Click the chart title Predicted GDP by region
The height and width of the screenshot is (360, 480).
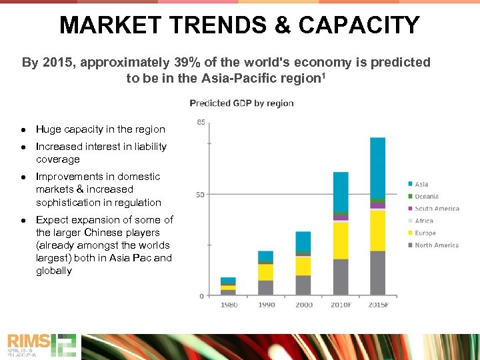[241, 103]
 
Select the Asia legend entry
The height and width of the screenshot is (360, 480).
[421, 184]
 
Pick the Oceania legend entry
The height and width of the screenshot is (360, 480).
[427, 196]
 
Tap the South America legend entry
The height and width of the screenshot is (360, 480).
[437, 209]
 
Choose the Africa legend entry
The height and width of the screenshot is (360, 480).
[423, 221]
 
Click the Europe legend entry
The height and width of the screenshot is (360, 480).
[425, 233]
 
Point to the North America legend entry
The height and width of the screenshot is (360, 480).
[437, 245]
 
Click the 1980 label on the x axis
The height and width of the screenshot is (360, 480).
[228, 305]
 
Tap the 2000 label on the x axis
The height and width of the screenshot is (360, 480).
[303, 305]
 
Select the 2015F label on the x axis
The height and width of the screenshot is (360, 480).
[378, 305]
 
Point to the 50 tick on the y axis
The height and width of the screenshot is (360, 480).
[201, 194]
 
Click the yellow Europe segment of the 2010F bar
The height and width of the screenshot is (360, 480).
[341, 240]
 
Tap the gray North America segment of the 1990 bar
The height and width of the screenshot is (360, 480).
[265, 287]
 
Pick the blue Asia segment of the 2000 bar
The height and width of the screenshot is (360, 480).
[303, 241]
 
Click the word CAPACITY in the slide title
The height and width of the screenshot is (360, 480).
[359, 25]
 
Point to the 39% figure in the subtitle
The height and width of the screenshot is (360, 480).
[189, 63]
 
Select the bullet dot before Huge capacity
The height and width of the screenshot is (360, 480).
[23, 129]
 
